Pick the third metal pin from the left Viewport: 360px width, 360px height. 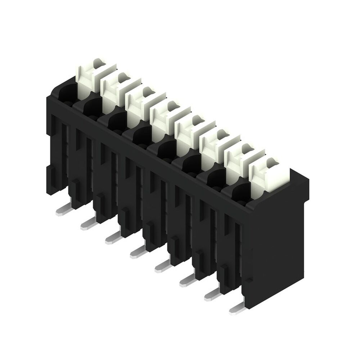point(113,238)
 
